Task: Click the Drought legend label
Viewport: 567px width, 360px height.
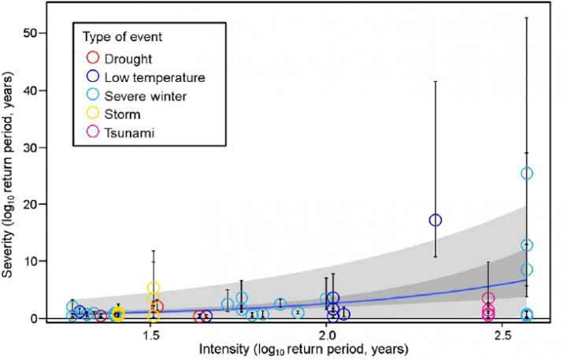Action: tap(128, 59)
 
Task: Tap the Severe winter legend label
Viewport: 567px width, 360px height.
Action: tap(146, 96)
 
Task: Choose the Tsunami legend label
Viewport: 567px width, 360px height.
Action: tap(129, 133)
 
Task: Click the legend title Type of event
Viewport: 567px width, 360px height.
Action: tap(123, 36)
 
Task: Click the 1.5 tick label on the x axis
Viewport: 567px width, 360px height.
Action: tap(150, 336)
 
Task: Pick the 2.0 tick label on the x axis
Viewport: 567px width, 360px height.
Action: tap(326, 336)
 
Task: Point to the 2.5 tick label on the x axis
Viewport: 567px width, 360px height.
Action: tap(502, 336)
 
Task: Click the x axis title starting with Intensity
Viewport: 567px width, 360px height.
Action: tap(304, 350)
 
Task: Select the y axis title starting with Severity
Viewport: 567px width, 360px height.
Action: tap(7, 174)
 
